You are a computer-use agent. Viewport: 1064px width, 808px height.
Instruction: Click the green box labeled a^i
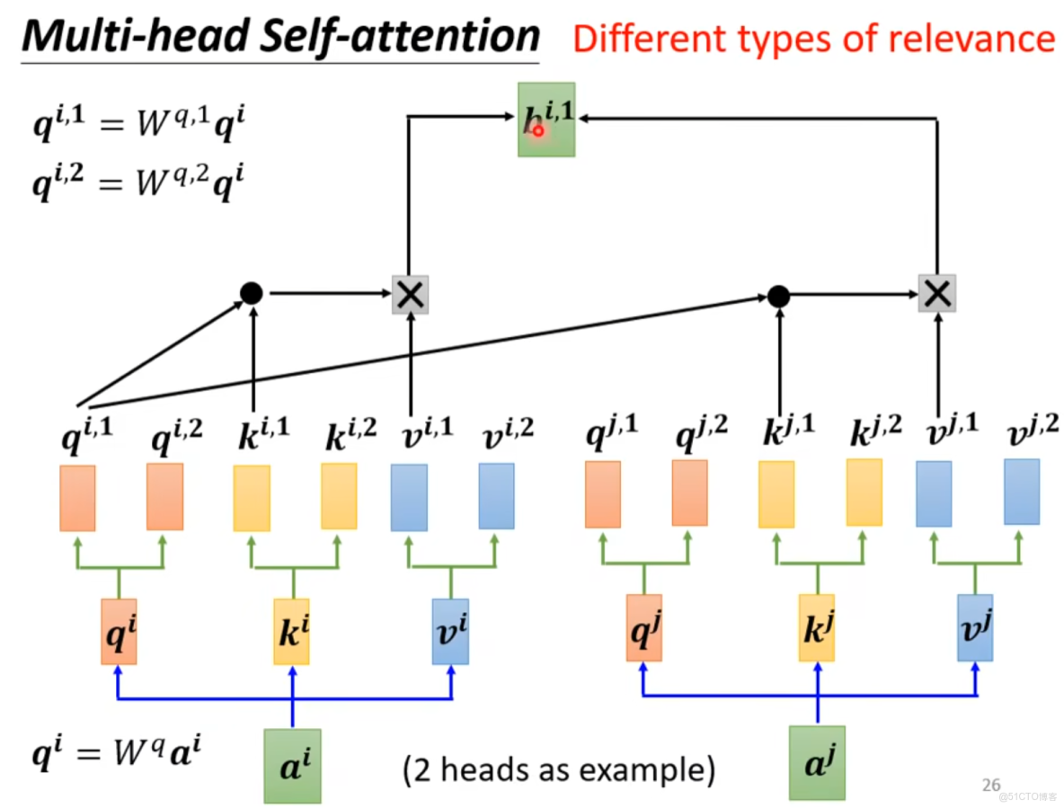[292, 765]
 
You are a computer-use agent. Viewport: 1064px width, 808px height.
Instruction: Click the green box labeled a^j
[817, 763]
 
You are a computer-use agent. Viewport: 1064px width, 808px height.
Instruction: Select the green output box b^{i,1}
[546, 120]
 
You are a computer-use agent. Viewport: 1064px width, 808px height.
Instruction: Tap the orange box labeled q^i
[118, 632]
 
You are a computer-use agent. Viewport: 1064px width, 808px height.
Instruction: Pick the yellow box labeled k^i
[291, 632]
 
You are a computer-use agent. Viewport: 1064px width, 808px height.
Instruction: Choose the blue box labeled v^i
[450, 632]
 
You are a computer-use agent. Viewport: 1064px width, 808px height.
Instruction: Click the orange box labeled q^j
[643, 628]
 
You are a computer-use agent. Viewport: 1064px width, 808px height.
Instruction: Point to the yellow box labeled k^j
[817, 628]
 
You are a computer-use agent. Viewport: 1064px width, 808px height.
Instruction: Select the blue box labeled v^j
[975, 628]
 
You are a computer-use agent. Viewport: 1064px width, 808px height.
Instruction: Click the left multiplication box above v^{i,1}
[410, 294]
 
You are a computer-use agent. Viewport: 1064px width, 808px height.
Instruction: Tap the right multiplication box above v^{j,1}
[936, 293]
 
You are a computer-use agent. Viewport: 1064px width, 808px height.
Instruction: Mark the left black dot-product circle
[252, 292]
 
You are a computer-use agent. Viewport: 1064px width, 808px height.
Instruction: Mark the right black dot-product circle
[778, 295]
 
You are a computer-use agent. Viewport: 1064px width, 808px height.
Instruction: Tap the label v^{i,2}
[508, 434]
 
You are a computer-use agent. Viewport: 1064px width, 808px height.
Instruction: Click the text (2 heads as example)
[558, 769]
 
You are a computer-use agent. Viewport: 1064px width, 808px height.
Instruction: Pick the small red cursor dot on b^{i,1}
[538, 130]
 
